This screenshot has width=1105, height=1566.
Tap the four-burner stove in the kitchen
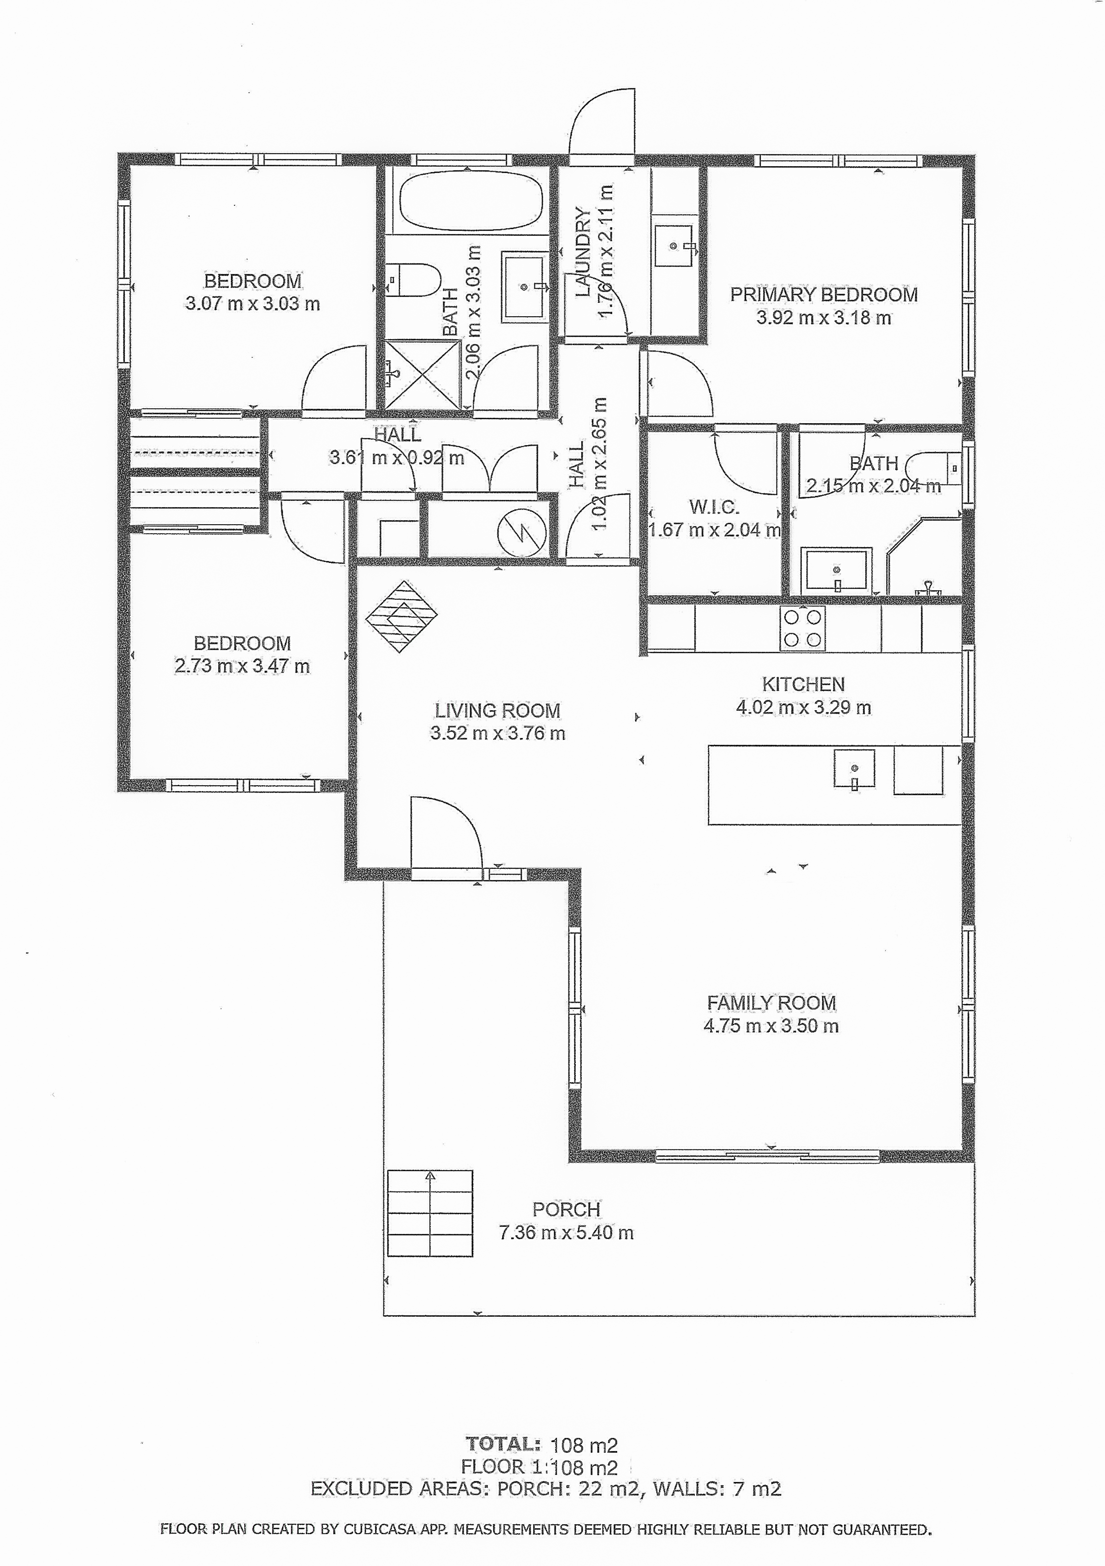point(803,628)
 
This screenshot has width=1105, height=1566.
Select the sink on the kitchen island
point(854,769)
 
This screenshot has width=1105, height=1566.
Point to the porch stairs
point(430,1213)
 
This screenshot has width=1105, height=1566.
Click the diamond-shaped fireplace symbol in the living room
point(401,617)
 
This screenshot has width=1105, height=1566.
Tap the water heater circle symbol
point(522,533)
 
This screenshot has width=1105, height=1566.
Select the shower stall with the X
point(423,374)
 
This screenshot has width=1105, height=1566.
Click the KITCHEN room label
point(804,684)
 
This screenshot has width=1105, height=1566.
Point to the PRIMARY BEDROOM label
point(824,294)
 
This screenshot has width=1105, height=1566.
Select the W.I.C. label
point(714,507)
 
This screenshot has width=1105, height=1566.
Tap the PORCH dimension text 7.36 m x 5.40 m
point(566,1232)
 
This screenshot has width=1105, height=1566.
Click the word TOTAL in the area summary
point(503,1444)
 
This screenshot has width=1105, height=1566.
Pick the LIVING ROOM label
point(498,711)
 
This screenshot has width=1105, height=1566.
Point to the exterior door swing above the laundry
point(602,121)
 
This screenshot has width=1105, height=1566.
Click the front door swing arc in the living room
point(447,832)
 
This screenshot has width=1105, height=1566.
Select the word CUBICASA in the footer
point(380,1529)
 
